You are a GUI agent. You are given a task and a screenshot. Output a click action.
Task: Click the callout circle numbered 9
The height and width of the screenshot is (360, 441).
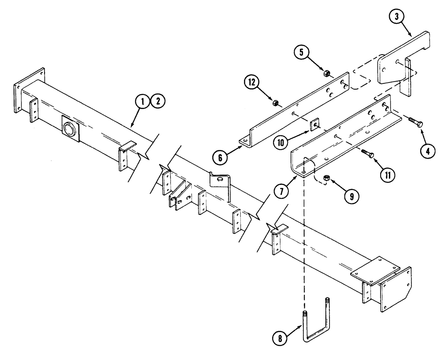pos(351,197)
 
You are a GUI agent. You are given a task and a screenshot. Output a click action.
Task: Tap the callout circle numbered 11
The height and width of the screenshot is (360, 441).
pos(388,175)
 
